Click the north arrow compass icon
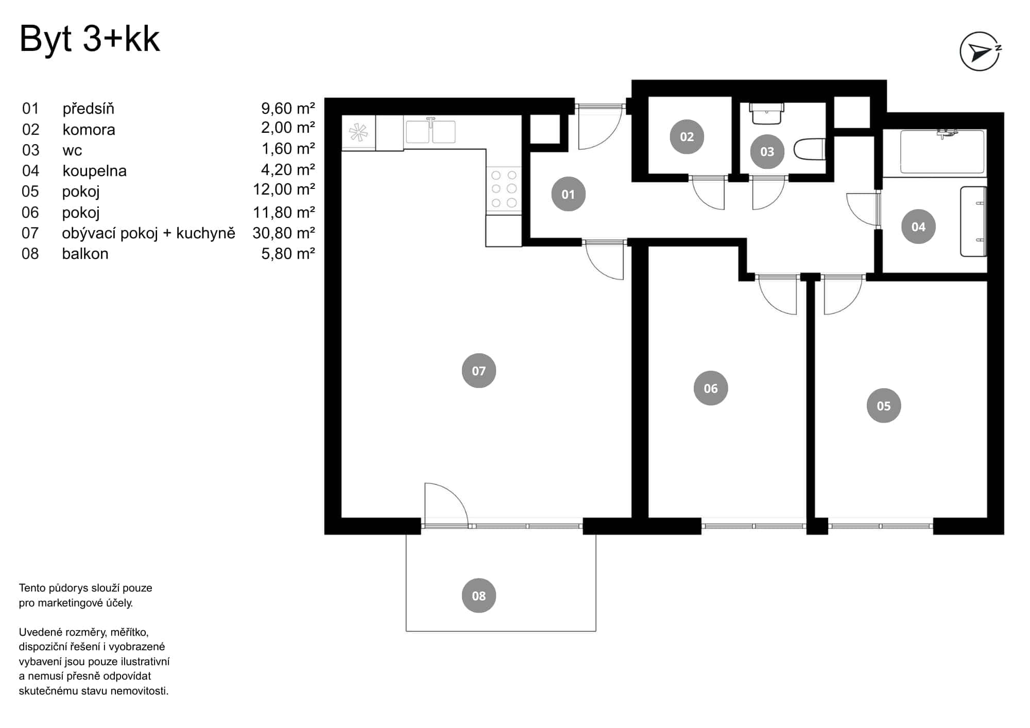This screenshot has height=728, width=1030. (980, 51)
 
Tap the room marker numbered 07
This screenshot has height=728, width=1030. (478, 371)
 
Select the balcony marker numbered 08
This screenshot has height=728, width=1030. (478, 596)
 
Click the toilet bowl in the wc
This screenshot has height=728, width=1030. (810, 149)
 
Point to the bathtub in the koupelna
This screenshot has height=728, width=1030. (942, 152)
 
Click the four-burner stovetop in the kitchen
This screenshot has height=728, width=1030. (504, 189)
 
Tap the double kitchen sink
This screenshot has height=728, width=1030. (431, 132)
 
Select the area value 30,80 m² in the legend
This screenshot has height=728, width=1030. (283, 233)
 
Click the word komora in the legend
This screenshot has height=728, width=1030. (89, 130)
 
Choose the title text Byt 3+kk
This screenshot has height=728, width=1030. (90, 39)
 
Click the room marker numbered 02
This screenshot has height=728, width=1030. (686, 136)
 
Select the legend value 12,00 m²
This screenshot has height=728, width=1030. (283, 190)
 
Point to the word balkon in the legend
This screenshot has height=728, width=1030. (85, 254)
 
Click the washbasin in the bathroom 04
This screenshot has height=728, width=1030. (973, 221)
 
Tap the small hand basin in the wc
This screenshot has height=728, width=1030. (767, 114)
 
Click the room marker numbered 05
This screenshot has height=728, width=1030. (883, 406)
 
